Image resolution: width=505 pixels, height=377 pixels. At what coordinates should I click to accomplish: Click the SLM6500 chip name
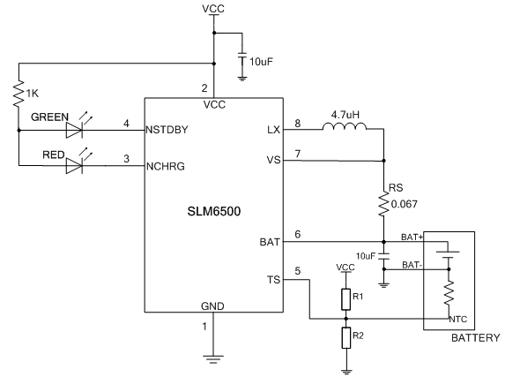tap(214, 211)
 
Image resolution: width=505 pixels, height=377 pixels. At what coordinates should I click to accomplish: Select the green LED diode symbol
tap(74, 130)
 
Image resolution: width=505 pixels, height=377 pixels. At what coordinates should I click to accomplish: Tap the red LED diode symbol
tap(74, 166)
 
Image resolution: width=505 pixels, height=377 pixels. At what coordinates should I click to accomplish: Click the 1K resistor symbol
tap(19, 94)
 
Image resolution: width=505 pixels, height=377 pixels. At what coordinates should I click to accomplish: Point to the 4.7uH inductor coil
tap(345, 126)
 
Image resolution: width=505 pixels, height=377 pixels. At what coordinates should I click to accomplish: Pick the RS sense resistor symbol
tap(383, 204)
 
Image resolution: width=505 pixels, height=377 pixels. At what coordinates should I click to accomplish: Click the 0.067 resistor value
tap(405, 204)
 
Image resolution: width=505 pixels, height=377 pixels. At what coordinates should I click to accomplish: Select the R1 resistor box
tap(345, 299)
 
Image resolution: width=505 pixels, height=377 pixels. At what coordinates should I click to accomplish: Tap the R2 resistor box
tap(345, 337)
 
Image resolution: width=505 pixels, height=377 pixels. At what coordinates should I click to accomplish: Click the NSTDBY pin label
tap(167, 130)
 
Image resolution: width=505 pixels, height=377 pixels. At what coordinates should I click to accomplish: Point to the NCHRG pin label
tap(166, 166)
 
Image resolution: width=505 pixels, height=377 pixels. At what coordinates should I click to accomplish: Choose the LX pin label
tap(274, 130)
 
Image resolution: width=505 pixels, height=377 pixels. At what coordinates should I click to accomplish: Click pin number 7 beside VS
tap(298, 154)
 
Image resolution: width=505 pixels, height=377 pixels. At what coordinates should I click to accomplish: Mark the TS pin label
tap(273, 280)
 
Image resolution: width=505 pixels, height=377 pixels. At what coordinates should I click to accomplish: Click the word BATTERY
tap(476, 338)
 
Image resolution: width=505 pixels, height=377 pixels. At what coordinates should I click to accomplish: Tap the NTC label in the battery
tap(458, 320)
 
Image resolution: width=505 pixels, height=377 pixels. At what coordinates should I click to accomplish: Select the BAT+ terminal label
tap(412, 237)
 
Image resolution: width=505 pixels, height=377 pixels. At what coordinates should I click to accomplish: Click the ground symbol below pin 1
tap(213, 359)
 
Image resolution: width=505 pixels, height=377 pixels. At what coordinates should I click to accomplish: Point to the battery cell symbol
tap(448, 254)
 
